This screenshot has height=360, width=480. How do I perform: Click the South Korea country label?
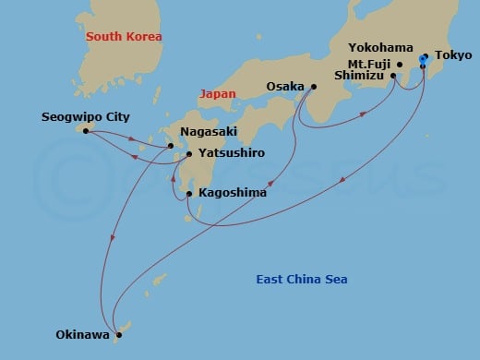pos(123,37)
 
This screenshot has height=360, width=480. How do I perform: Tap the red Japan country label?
pos(218,93)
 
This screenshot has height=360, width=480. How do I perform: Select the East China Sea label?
pos(302,280)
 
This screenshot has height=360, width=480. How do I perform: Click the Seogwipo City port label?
pos(80,117)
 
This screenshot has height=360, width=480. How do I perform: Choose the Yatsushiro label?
pos(226,154)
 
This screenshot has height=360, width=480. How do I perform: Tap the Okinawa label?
pos(80,335)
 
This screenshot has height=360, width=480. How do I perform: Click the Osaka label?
pos(286,86)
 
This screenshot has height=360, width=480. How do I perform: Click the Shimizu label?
pos(361,77)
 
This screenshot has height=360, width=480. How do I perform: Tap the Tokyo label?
pos(453,55)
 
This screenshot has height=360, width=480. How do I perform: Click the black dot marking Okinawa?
pos(118,335)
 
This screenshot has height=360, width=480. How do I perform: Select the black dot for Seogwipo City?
pos(86,131)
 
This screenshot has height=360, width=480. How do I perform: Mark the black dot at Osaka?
pos(314,87)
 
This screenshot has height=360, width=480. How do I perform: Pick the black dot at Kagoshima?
pos(189,194)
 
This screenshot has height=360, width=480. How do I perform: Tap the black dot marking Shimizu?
pos(394,77)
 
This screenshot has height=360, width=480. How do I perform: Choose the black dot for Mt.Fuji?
pos(400,65)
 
